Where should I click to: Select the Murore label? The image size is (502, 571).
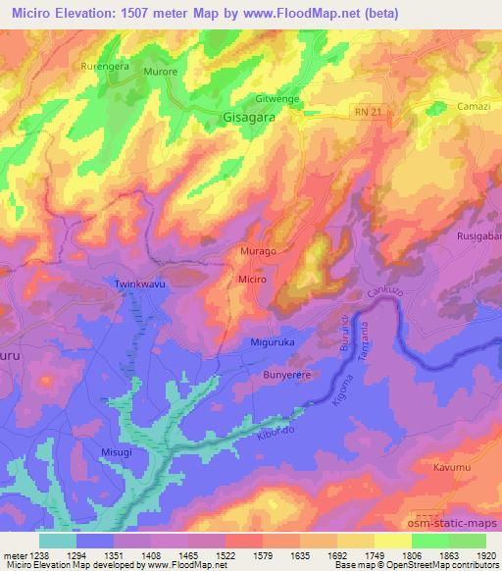(162, 74)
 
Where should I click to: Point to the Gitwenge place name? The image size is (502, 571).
(276, 100)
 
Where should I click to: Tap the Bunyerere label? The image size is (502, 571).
(287, 376)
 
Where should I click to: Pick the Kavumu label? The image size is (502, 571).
(452, 468)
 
